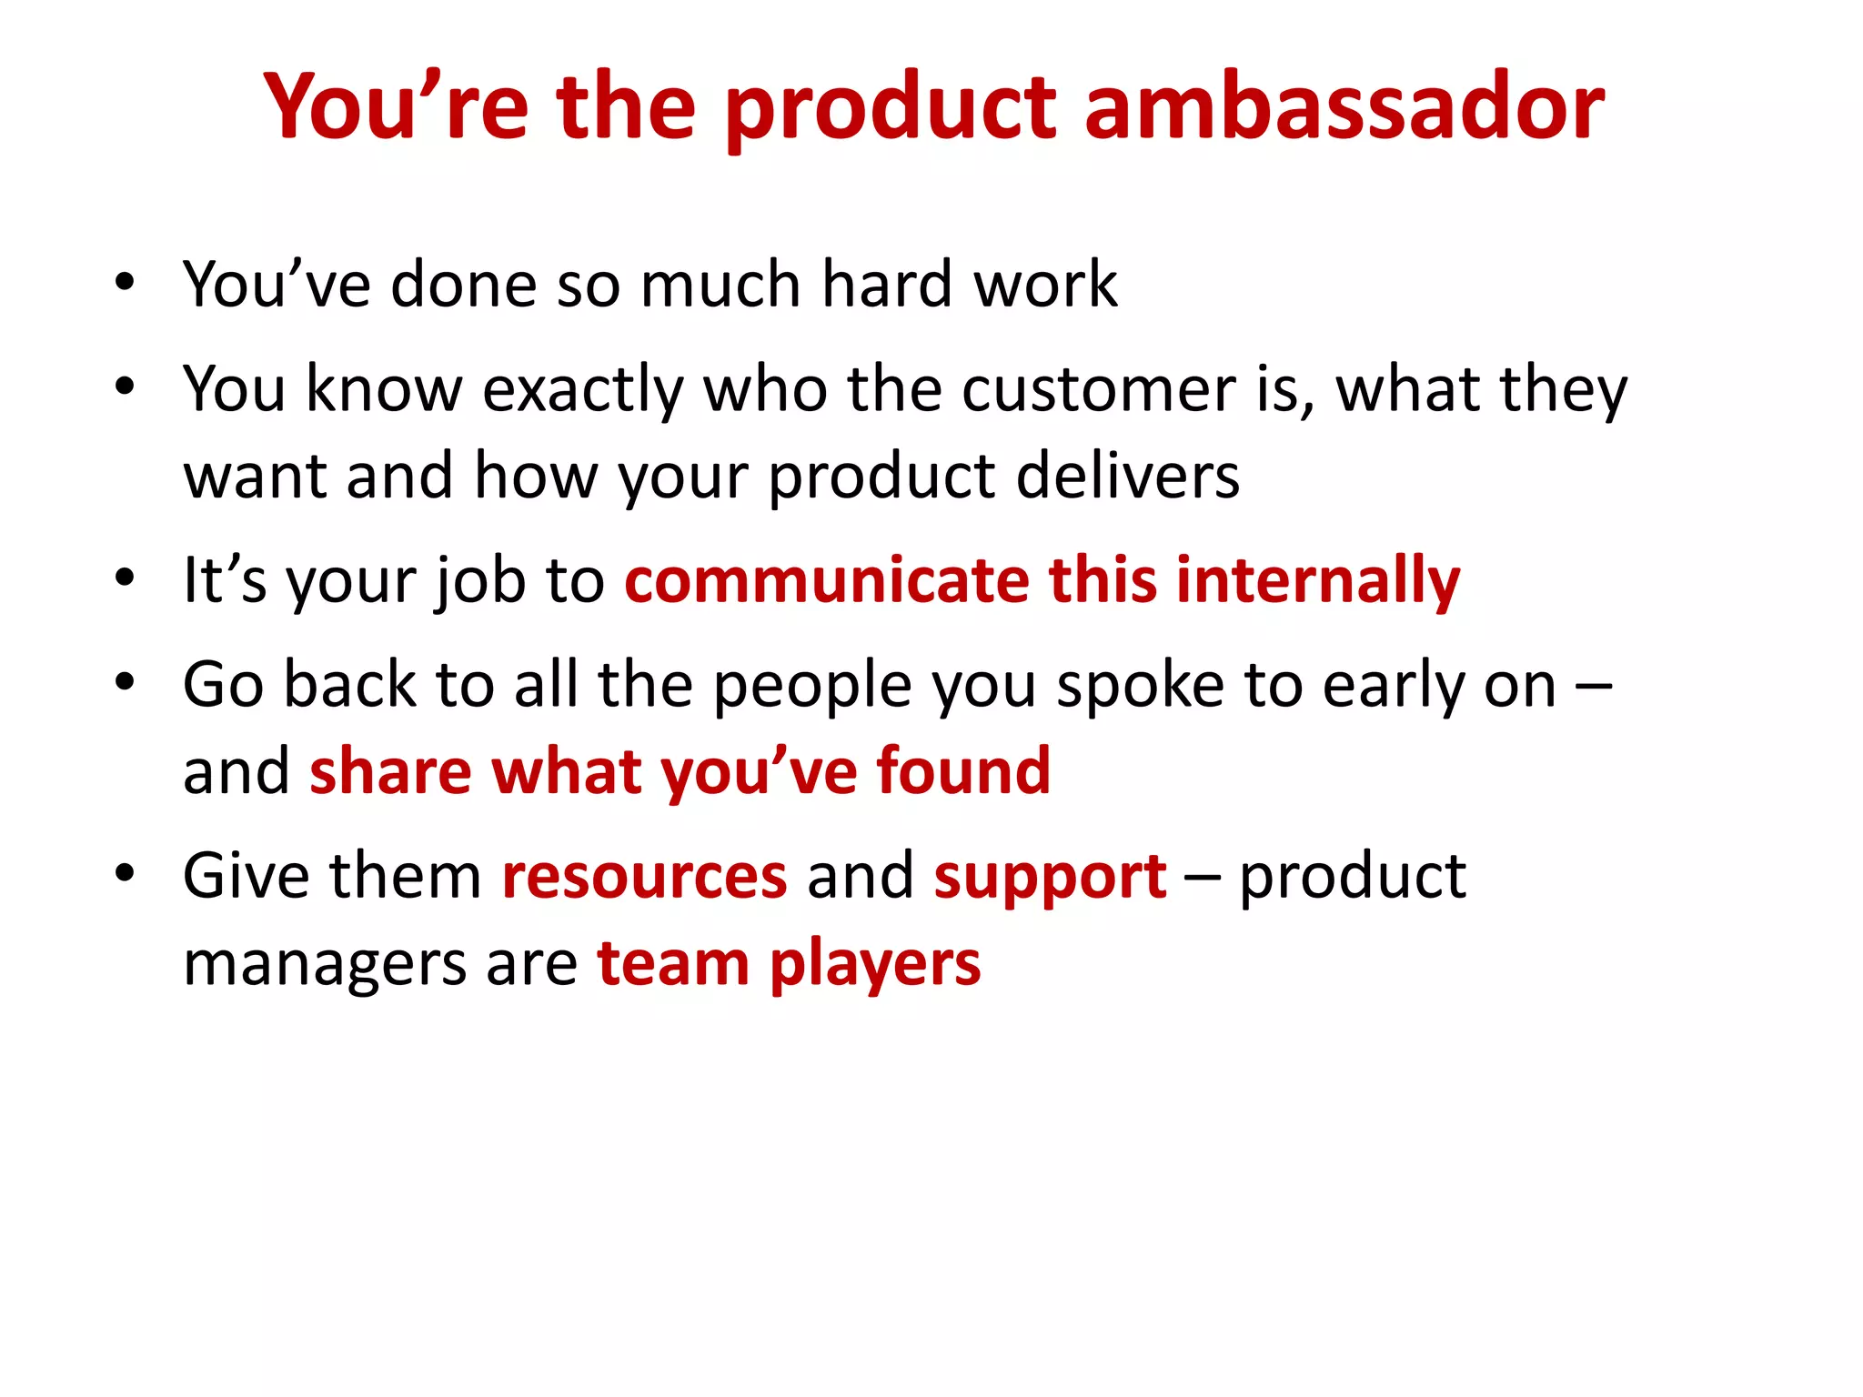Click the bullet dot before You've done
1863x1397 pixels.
coord(125,282)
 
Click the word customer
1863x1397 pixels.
coord(1099,389)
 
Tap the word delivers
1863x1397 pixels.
coord(1127,476)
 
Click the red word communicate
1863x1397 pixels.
coord(826,580)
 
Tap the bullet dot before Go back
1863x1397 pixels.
coord(125,682)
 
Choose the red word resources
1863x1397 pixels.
coord(644,877)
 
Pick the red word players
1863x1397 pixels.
coord(875,964)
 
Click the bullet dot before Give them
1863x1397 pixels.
coord(125,873)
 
